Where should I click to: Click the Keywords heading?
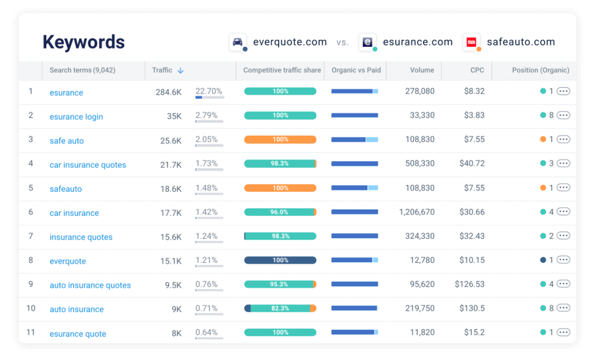[x=84, y=42]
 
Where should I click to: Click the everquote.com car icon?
[x=238, y=42]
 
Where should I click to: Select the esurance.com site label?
[x=417, y=42]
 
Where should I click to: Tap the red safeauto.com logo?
[x=471, y=42]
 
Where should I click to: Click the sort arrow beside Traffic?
[x=180, y=70]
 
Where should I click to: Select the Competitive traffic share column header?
[x=282, y=70]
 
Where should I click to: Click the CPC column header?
[x=477, y=70]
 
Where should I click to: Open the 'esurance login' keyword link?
[x=76, y=117]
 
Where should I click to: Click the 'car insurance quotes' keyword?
[x=88, y=165]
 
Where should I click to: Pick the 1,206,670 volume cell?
[x=416, y=212]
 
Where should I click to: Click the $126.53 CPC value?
[x=469, y=284]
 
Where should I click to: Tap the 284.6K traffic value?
[x=168, y=92]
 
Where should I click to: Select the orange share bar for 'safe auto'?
[x=280, y=140]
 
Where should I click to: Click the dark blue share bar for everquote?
[x=280, y=261]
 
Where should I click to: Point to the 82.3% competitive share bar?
[x=280, y=309]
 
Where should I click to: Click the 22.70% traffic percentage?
[x=209, y=91]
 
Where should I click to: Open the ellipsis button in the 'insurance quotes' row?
[x=563, y=236]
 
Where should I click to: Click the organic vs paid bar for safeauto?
[x=354, y=188]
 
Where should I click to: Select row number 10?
[x=31, y=309]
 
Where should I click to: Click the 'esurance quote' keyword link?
[x=78, y=333]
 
